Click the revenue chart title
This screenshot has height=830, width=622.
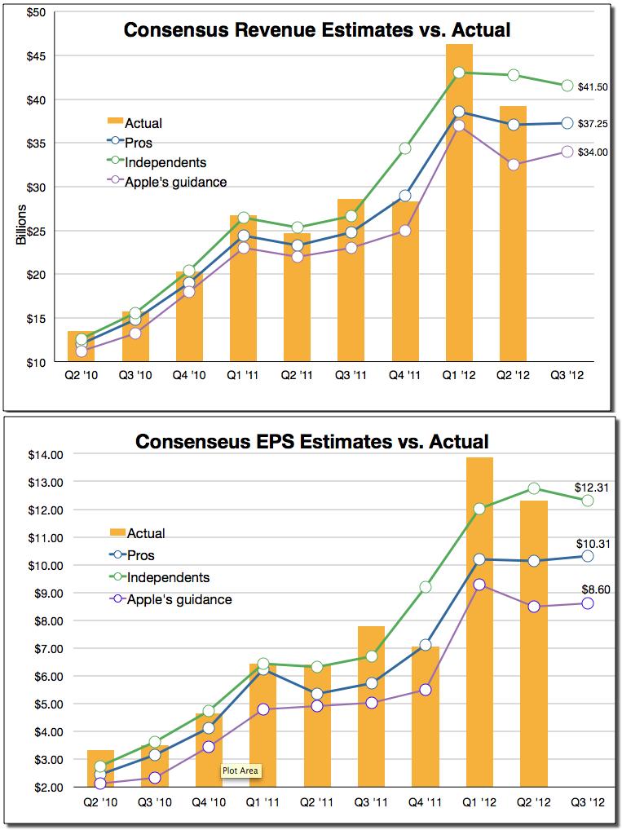point(316,31)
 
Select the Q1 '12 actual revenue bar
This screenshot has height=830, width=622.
point(459,204)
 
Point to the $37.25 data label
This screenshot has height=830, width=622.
point(593,123)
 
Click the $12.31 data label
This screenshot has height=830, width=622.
point(593,488)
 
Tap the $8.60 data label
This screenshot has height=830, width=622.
point(593,589)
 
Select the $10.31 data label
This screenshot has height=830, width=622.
point(593,542)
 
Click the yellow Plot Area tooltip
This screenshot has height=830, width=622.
point(240,770)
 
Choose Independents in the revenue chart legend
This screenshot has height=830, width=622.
point(165,162)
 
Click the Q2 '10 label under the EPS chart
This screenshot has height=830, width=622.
point(100,801)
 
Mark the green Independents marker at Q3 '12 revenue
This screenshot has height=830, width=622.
point(567,86)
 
